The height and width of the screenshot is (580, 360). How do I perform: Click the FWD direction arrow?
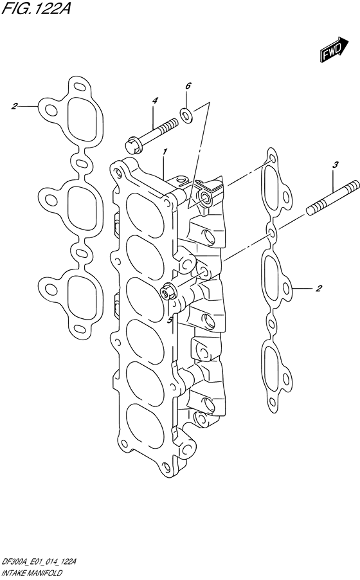(332, 50)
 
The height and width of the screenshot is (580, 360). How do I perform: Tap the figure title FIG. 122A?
(36, 8)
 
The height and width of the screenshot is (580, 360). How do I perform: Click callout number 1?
(165, 152)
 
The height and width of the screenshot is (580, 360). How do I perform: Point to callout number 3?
(334, 165)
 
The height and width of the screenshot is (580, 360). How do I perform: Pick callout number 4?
(155, 100)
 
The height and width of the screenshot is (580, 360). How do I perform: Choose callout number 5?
(170, 320)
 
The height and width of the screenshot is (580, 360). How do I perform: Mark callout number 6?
(188, 86)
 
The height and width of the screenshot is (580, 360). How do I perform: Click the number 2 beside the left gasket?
(14, 107)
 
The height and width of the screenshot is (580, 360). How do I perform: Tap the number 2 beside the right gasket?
(319, 288)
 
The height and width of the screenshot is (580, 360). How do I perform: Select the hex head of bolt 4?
(132, 145)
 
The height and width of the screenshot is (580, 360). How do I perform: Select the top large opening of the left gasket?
(85, 118)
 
